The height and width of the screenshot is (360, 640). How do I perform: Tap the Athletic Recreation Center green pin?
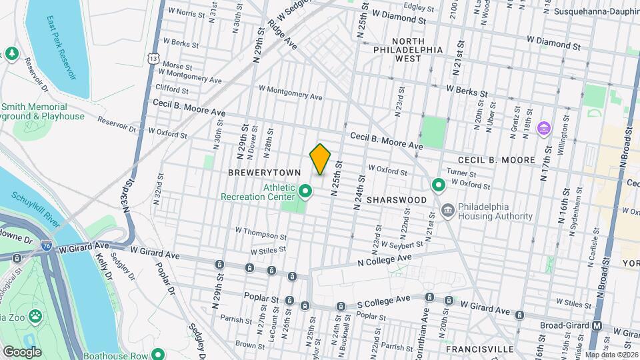click(306, 192)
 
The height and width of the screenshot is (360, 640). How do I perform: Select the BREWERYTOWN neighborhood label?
click(257, 172)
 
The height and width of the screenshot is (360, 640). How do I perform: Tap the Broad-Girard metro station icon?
click(597, 326)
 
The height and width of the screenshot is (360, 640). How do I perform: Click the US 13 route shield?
click(154, 59)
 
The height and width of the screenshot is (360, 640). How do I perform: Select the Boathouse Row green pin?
click(158, 354)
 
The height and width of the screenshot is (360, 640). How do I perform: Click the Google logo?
click(22, 351)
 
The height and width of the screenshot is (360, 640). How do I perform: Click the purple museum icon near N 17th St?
click(544, 128)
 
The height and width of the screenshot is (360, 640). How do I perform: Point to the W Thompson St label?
click(261, 230)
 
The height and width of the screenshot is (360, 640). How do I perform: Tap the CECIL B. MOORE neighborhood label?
click(496, 161)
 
